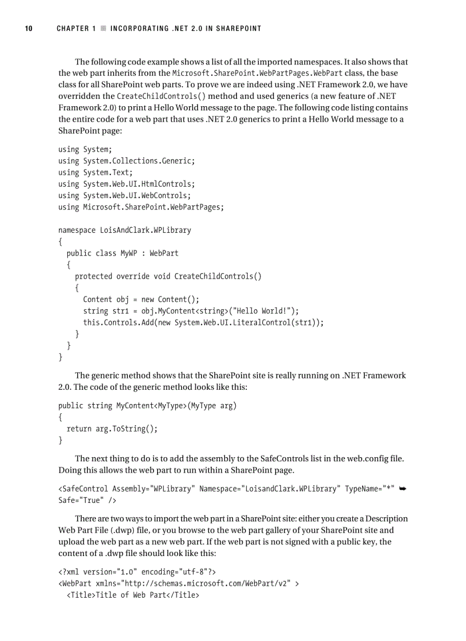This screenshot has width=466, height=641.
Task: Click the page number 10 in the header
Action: (27, 29)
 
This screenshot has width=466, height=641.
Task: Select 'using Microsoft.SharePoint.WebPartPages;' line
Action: (141, 207)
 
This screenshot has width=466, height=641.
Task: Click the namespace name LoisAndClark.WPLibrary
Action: (145, 230)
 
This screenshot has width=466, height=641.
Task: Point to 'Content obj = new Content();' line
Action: (140, 300)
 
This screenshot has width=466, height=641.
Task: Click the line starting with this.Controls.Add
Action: (203, 322)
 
